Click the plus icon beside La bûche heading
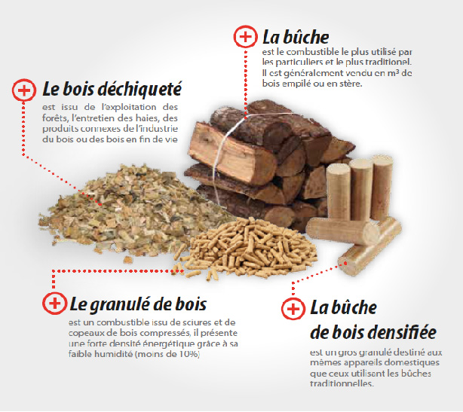coord(245,37)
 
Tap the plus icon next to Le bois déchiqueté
coord(24,90)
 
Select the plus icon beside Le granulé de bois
coord(54,304)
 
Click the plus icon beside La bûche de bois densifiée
coord(293,309)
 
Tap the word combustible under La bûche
coord(312,52)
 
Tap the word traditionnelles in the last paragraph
coord(342,383)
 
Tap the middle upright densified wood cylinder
coord(361,189)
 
